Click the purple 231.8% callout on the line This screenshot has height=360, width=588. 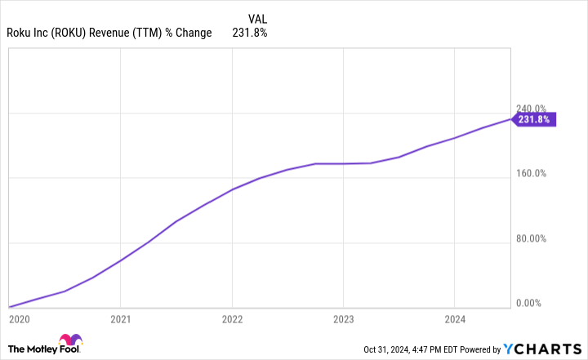click(534, 119)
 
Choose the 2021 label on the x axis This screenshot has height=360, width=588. click(121, 319)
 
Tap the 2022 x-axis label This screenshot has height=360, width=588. click(233, 319)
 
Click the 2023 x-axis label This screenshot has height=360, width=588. click(344, 319)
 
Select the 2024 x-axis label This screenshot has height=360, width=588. click(455, 319)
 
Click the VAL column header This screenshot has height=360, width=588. click(256, 17)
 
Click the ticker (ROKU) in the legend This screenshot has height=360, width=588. click(77, 33)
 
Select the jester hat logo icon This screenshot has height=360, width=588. click(69, 341)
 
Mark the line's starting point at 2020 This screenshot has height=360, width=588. click(9, 307)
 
